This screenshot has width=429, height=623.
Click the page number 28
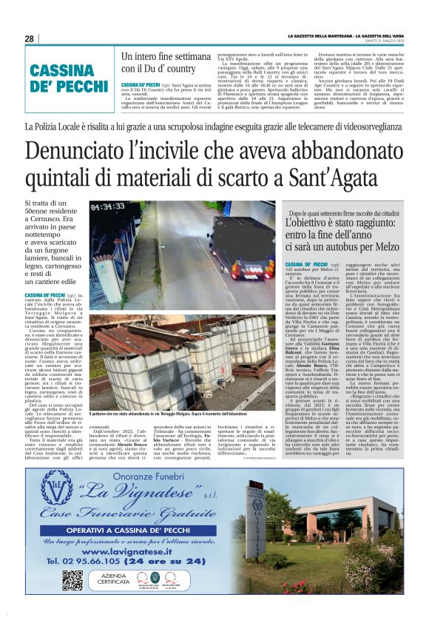click(x=29, y=38)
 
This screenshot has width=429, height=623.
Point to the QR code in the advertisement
click(x=72, y=580)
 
